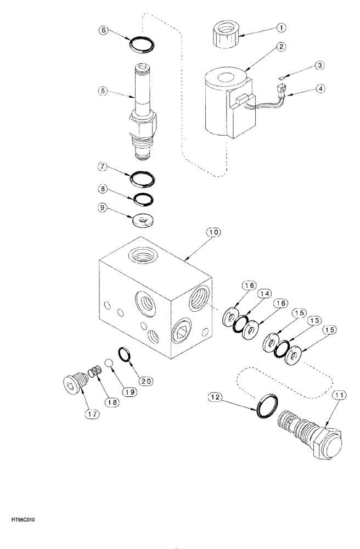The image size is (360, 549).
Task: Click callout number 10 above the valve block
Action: tap(213, 232)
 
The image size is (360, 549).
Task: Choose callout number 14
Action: tap(266, 295)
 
